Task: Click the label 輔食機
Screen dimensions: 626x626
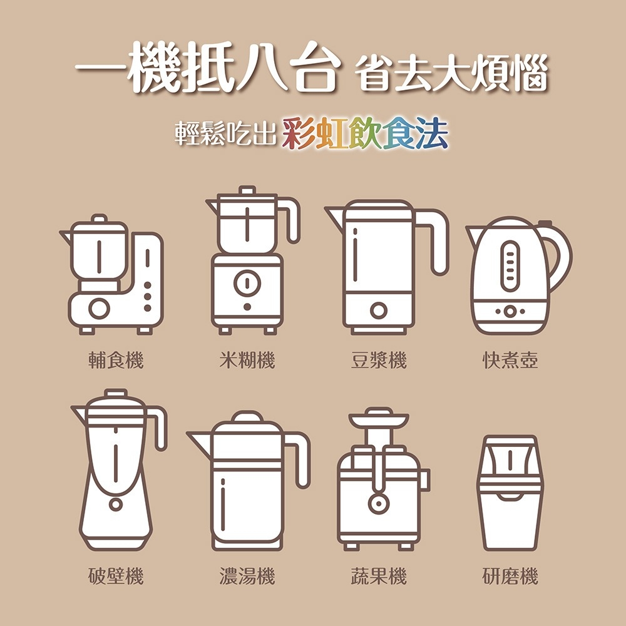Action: [116, 360]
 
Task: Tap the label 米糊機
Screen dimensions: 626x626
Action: [247, 360]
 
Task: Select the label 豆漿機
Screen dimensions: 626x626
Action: [379, 360]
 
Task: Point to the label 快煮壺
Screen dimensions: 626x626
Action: [510, 360]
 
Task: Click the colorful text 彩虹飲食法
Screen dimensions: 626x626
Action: [365, 133]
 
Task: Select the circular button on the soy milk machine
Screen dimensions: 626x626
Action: [377, 310]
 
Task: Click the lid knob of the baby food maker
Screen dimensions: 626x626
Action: [99, 219]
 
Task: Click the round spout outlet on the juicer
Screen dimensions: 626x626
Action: [377, 505]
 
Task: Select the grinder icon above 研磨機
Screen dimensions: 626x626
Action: [510, 491]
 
